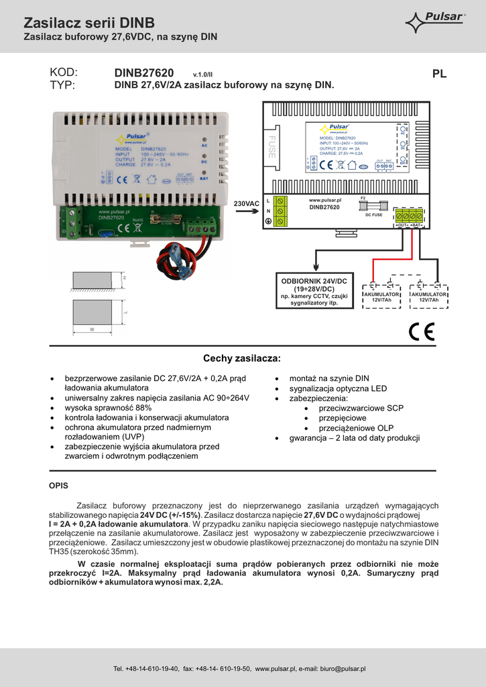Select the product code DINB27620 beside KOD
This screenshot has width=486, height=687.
(x=144, y=73)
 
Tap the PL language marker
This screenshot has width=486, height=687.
(x=439, y=74)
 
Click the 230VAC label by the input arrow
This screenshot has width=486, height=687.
(x=246, y=203)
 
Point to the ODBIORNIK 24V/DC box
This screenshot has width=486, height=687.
(x=314, y=290)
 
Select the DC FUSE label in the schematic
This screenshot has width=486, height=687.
(x=373, y=215)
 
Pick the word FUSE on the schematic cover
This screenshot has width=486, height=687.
(x=271, y=148)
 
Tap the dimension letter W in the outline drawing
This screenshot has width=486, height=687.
(x=92, y=329)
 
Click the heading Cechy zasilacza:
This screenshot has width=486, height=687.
(x=242, y=358)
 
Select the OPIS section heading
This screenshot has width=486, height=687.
(x=59, y=484)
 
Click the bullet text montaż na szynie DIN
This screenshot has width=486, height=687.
(x=328, y=378)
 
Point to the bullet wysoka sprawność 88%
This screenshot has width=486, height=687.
(x=108, y=407)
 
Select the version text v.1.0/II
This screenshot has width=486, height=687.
(x=202, y=74)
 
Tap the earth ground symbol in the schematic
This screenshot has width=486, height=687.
(x=268, y=222)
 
